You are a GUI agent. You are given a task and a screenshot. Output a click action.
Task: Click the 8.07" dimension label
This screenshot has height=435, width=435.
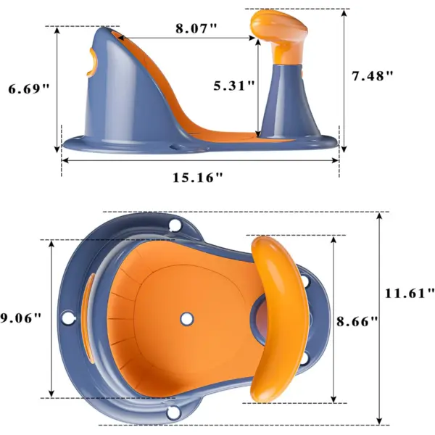coord(196,28)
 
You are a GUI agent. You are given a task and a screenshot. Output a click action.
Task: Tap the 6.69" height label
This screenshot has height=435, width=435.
coord(29,89)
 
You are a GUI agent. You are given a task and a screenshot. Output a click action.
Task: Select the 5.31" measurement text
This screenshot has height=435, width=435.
coord(234,86)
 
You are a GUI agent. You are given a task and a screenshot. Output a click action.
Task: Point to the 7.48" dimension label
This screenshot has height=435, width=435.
coord(373,75)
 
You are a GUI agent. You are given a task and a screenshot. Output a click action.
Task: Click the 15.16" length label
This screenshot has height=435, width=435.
coord(198,178)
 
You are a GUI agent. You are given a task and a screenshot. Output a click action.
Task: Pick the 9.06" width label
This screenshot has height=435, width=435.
coord(21,318)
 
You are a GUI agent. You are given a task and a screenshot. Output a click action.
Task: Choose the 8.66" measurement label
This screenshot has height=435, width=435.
coord(357,321)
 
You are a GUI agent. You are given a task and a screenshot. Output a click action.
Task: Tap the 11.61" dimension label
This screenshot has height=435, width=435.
coord(410,293)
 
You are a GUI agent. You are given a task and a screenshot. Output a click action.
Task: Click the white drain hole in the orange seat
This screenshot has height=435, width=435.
coord(187,319)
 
